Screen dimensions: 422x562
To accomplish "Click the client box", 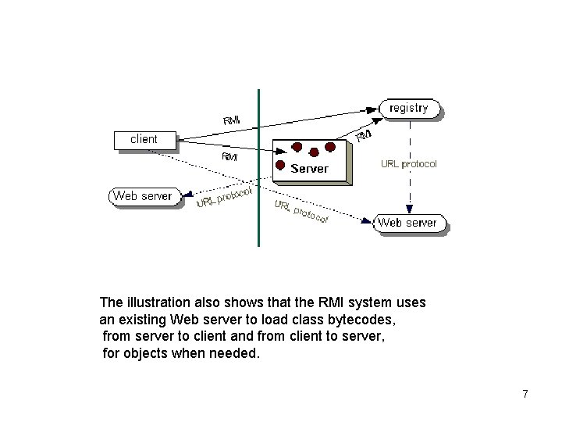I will point(144,140).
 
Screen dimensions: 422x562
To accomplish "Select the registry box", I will point(409,109).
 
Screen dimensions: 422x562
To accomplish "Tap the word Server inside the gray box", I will point(310,168).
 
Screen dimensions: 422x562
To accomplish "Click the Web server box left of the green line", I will point(144,196).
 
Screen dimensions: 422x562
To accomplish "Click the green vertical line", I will point(258,168).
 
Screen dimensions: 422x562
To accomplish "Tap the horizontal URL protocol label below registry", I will point(408,164).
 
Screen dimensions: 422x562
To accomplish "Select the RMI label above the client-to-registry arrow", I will point(232,120).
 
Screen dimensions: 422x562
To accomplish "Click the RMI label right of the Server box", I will point(364,136).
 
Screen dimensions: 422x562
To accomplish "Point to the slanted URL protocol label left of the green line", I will point(223,196).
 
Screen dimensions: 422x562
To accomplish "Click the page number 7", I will point(525,394).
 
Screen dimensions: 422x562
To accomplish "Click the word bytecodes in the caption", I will point(371,319).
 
